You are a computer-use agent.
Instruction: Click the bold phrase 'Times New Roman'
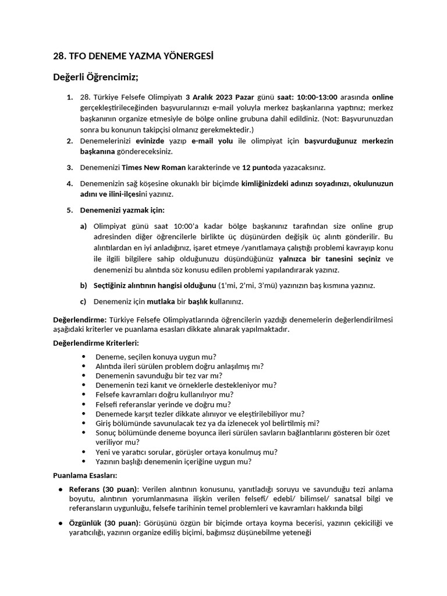coord(154,168)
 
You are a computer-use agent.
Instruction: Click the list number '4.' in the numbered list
coord(69,183)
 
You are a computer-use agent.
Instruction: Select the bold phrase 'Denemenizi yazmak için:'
coord(122,210)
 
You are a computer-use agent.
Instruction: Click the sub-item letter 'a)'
coord(84,226)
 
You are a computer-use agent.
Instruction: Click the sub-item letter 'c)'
coord(84,301)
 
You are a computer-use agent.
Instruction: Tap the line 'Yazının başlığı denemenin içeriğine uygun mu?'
coord(173,461)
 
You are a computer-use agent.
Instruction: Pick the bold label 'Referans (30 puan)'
coord(103,489)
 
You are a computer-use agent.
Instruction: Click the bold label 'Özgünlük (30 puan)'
coord(103,523)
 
